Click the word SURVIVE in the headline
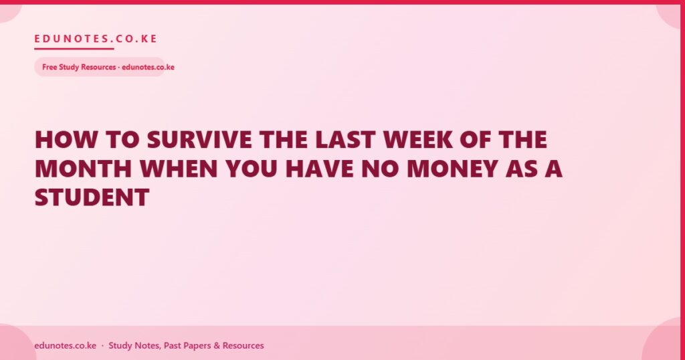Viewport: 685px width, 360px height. (x=199, y=140)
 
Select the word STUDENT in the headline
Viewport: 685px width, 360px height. (x=92, y=197)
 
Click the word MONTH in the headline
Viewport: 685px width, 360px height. (x=83, y=169)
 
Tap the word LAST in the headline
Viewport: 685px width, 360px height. (x=345, y=140)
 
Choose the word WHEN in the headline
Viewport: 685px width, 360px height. (x=178, y=169)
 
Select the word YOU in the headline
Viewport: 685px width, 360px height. (x=252, y=169)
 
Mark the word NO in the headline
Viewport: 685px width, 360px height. (x=380, y=169)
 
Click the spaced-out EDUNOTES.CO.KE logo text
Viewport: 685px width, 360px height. (x=96, y=39)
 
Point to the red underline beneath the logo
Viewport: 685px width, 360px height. (x=74, y=48)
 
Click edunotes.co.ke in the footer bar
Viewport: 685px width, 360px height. (x=66, y=345)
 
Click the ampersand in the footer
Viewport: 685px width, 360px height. (x=217, y=345)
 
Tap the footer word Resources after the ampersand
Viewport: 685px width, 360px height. (x=243, y=345)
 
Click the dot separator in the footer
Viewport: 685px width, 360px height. (x=102, y=345)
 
